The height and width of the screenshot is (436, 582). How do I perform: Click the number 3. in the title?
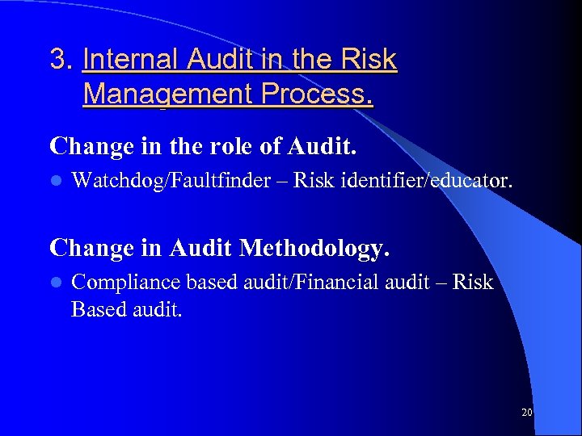(62, 60)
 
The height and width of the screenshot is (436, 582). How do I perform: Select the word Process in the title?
(314, 94)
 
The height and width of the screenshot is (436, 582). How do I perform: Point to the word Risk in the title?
(369, 60)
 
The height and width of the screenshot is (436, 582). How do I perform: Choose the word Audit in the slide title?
(224, 60)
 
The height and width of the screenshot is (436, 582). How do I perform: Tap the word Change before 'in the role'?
(90, 146)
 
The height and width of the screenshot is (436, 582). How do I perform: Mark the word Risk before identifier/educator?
(313, 180)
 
